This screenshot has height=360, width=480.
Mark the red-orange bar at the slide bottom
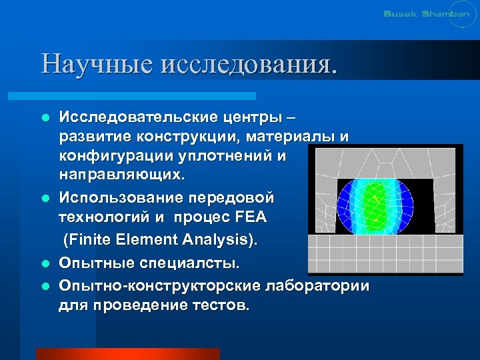point(127,353)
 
